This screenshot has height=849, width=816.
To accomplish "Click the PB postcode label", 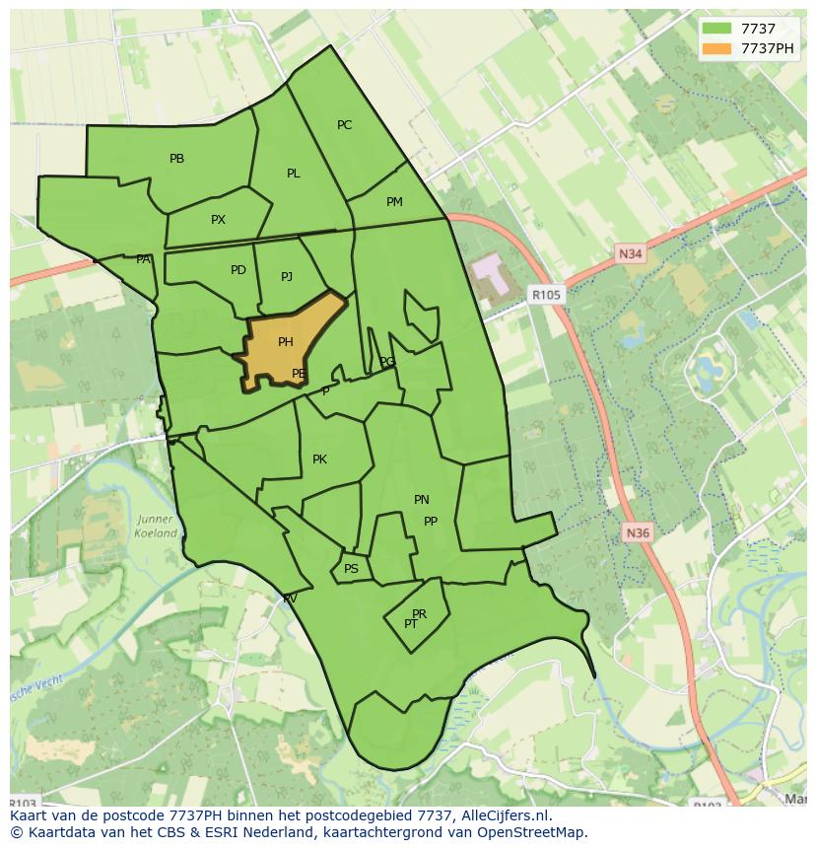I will click(176, 159).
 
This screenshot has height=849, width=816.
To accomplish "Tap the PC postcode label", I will click(344, 125).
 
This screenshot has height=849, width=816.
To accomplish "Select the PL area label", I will click(293, 174).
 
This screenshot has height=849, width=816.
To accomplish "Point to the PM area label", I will click(394, 202).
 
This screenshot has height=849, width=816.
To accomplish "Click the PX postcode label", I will click(218, 220).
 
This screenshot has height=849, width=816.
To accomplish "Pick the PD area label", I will click(238, 270).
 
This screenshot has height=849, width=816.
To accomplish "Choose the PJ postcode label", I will click(286, 277).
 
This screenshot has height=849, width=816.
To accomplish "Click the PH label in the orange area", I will click(285, 342).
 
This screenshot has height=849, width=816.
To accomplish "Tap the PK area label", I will click(319, 460).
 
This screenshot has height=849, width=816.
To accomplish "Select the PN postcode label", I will click(421, 500).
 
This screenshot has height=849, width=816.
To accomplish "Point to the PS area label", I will click(351, 569).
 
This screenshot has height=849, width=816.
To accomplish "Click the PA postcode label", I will click(143, 259).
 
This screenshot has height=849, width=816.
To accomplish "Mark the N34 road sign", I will click(630, 254).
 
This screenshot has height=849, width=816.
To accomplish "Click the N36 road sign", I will click(638, 533).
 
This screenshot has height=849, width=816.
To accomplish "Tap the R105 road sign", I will click(545, 294).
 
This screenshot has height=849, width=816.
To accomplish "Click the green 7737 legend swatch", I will click(717, 30).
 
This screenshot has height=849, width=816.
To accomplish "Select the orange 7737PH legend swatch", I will click(717, 48).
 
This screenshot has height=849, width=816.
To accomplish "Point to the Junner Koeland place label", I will click(156, 527).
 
